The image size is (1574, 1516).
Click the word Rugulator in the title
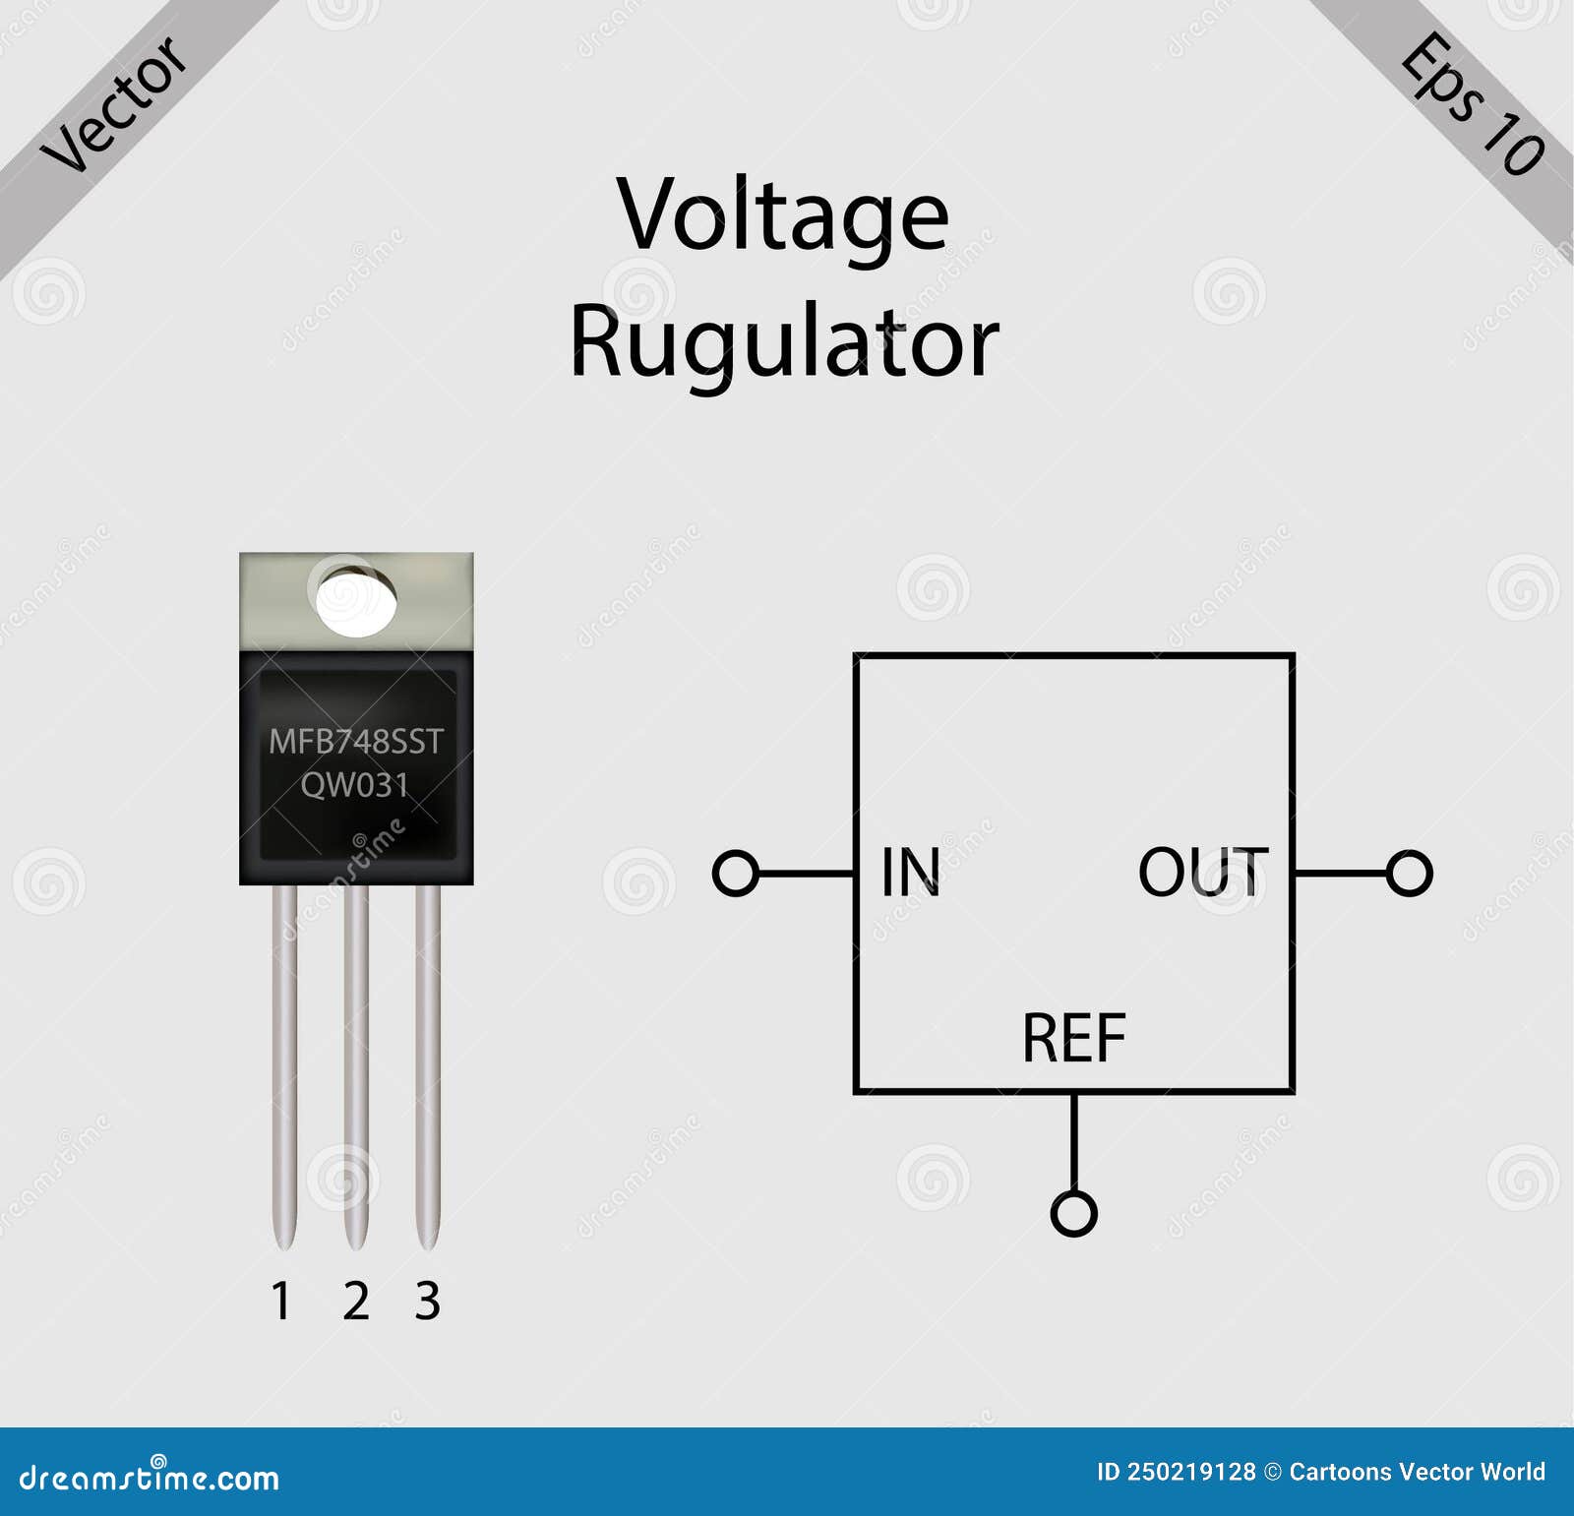coord(784,342)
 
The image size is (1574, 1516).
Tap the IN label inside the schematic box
coord(910,873)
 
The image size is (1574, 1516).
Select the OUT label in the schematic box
coord(1202,873)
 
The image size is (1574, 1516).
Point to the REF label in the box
coord(1073,1039)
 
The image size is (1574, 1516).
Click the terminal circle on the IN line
coord(736,873)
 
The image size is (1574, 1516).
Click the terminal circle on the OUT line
coord(1409,873)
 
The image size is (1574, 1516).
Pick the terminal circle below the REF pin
coord(1073,1213)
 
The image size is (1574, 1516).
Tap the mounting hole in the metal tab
coord(356,600)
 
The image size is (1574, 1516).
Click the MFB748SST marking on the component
coord(356,742)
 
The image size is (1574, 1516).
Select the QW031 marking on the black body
coord(354,785)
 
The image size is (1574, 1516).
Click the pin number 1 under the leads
coord(281,1302)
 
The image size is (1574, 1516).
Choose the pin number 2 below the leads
coord(356,1302)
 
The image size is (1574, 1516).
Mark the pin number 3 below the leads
coord(427,1302)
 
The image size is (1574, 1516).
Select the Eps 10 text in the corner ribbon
coord(1472,103)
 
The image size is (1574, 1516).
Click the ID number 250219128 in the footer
coord(1190,1472)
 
